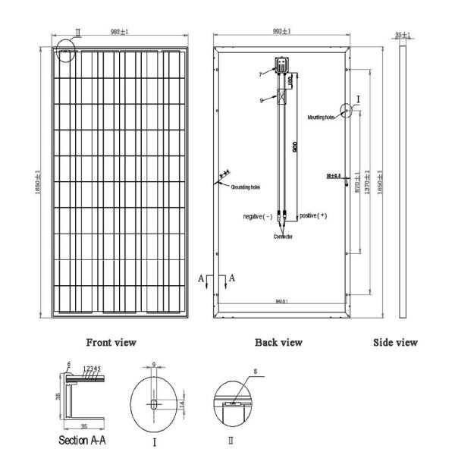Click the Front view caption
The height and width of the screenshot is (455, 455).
click(111, 343)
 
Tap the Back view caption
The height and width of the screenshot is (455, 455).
click(279, 343)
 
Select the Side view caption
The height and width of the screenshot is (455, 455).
click(395, 343)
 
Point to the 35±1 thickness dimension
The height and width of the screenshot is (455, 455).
click(403, 35)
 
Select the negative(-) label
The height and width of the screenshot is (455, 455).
click(258, 217)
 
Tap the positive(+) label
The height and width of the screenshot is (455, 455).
click(312, 216)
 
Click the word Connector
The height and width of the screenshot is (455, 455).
click(281, 237)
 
